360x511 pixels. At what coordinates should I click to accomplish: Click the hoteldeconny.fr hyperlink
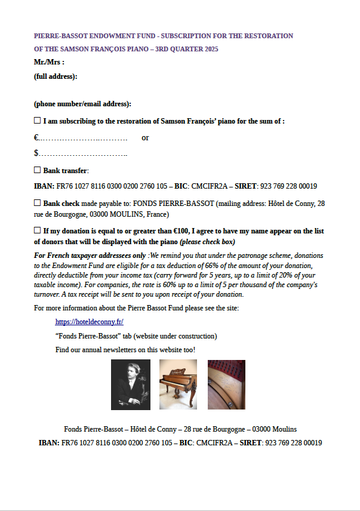(89, 322)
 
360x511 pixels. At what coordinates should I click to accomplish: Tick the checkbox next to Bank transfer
(37, 170)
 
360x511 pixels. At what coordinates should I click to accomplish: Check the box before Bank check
(37, 203)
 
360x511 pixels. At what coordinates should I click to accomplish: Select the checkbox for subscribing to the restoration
(37, 121)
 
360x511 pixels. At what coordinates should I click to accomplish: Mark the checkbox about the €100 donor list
(37, 230)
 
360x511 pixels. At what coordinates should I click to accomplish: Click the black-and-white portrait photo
(131, 384)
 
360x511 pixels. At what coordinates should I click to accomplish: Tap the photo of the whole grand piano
(178, 384)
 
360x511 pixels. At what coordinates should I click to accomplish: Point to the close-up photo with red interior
(226, 384)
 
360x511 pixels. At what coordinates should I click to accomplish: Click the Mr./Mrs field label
(49, 62)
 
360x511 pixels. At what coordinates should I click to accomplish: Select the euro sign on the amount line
(36, 138)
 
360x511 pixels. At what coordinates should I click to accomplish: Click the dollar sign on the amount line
(36, 154)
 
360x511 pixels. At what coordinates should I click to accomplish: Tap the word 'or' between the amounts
(145, 138)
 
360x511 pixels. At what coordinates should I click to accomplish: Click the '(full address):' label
(56, 76)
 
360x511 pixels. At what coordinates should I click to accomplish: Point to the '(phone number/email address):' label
(82, 104)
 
